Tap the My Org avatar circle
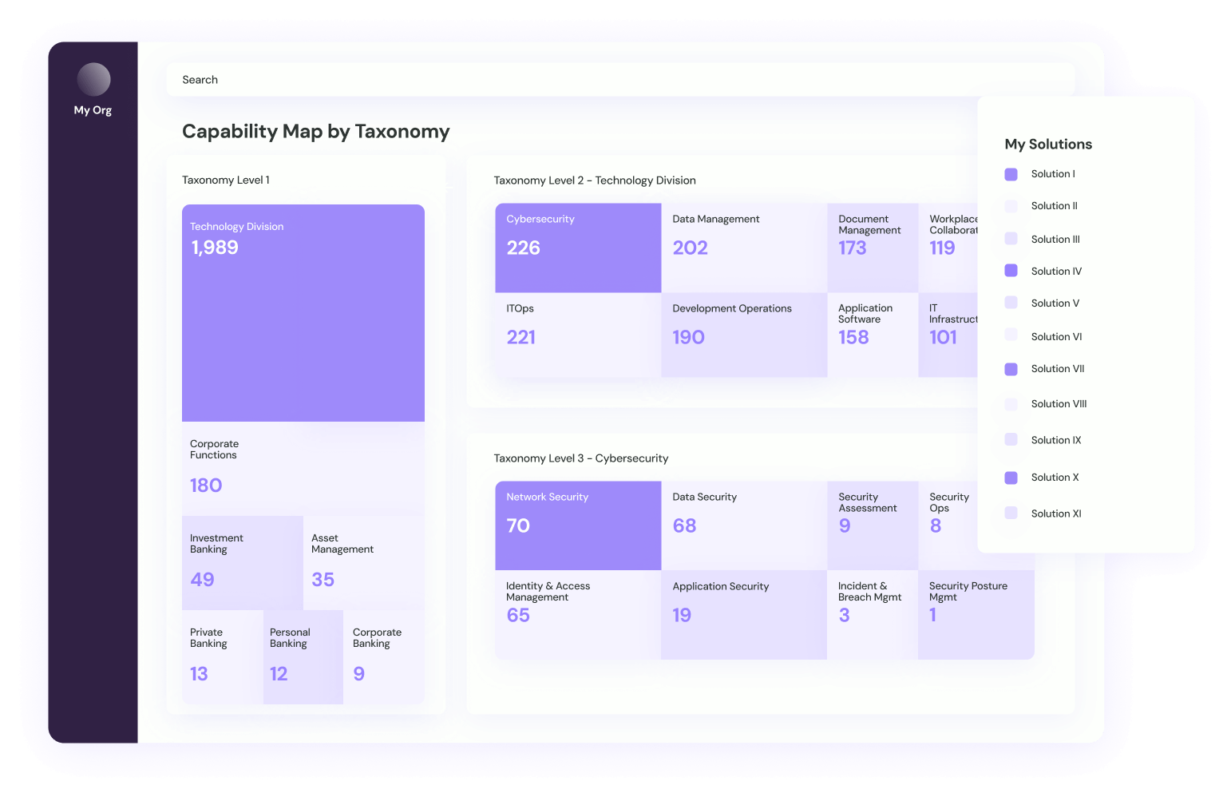pyautogui.click(x=93, y=80)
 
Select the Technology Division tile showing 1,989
pyautogui.click(x=303, y=312)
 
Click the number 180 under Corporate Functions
pyautogui.click(x=206, y=486)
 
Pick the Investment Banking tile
pyautogui.click(x=242, y=561)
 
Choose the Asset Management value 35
pyautogui.click(x=323, y=580)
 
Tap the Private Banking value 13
pyautogui.click(x=199, y=674)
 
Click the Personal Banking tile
pyautogui.click(x=303, y=656)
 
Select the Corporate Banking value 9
pyautogui.click(x=359, y=674)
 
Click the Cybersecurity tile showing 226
pyautogui.click(x=577, y=248)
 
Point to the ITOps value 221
pyautogui.click(x=521, y=337)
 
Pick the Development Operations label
pyautogui.click(x=732, y=308)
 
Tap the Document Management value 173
pyautogui.click(x=853, y=248)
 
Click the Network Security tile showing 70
pyautogui.click(x=577, y=525)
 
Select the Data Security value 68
pyautogui.click(x=684, y=525)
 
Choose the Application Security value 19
pyautogui.click(x=682, y=615)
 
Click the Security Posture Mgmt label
pyautogui.click(x=968, y=591)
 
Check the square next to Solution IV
pyautogui.click(x=1011, y=271)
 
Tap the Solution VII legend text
pyautogui.click(x=1057, y=369)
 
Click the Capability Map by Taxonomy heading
pyautogui.click(x=316, y=131)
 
